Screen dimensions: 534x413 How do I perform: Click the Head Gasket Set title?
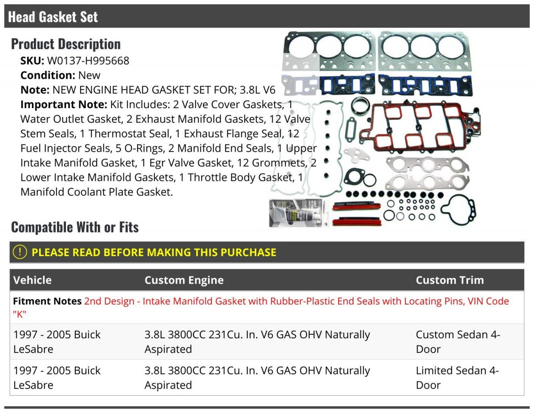click(x=53, y=17)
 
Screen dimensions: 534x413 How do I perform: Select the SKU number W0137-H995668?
click(x=88, y=60)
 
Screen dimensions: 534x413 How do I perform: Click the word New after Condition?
click(x=89, y=75)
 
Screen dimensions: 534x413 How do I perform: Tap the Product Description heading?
click(x=66, y=44)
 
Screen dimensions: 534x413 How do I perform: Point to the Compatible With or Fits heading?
click(x=75, y=227)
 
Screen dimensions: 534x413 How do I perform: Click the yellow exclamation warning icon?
click(x=20, y=252)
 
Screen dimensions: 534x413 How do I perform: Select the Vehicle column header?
click(x=32, y=280)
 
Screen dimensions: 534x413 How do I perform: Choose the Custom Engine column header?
click(x=184, y=280)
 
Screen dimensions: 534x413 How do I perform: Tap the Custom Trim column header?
click(x=450, y=280)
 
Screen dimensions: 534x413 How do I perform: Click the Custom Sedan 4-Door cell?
click(x=458, y=341)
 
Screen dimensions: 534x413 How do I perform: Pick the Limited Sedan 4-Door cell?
click(x=457, y=378)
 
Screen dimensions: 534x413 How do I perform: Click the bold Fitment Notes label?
click(x=47, y=301)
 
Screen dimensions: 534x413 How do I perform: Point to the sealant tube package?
click(x=299, y=213)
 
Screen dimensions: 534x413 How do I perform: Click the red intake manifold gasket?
click(x=420, y=127)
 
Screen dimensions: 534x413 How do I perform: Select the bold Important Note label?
click(x=64, y=104)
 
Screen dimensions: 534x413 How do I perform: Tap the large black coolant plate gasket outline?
click(x=458, y=210)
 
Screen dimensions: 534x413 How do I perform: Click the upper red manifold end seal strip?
click(x=356, y=206)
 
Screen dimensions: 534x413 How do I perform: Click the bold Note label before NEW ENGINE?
click(x=35, y=90)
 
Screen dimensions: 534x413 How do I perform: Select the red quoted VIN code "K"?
click(x=20, y=314)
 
